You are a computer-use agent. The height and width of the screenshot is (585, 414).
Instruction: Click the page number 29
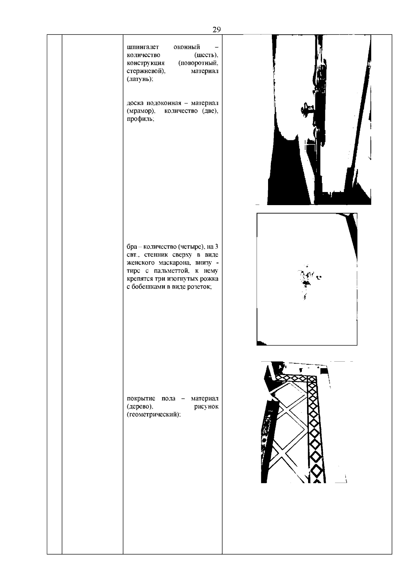pyautogui.click(x=216, y=30)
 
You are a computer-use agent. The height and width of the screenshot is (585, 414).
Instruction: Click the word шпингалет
pyautogui.click(x=143, y=47)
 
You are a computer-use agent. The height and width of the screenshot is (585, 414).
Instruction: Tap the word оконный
pyautogui.click(x=187, y=47)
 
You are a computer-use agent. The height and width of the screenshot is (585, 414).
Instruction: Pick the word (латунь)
pyautogui.click(x=140, y=79)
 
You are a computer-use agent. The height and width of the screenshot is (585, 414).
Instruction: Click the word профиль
pyautogui.click(x=140, y=119)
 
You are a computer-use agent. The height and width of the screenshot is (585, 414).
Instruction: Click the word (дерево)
pyautogui.click(x=140, y=407)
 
